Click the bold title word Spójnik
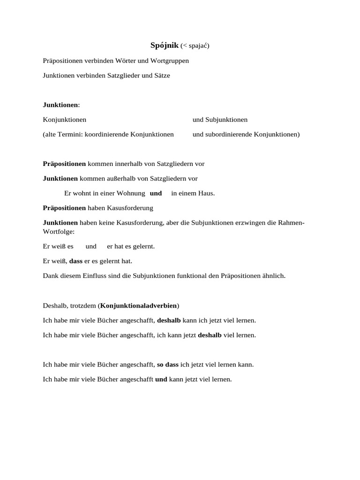coord(165,45)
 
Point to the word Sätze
coord(160,75)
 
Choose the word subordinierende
coord(228,135)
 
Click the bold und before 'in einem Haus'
coord(156,193)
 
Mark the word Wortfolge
coord(58,231)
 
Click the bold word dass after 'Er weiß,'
coord(75,261)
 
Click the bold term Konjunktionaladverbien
coord(139,306)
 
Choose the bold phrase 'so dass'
coord(167,364)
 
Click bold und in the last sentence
coord(161,379)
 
